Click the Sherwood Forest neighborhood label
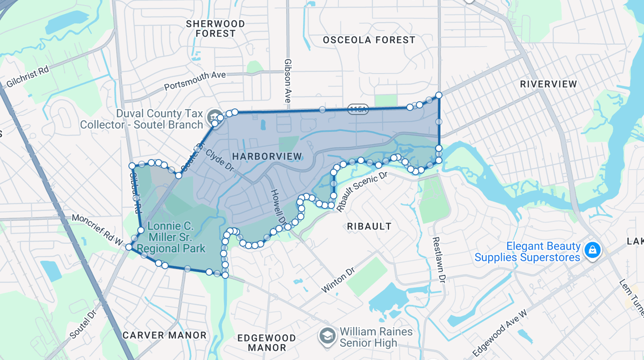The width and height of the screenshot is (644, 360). click(x=215, y=29)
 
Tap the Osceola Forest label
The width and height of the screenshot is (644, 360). click(x=369, y=40)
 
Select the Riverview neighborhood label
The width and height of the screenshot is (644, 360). click(x=548, y=84)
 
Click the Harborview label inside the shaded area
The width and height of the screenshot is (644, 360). click(x=267, y=157)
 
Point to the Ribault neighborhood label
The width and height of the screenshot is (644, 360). click(x=369, y=227)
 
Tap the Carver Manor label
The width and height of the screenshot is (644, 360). click(x=165, y=335)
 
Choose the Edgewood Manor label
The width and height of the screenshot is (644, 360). click(x=267, y=342)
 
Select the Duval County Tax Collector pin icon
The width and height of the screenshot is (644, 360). click(x=214, y=115)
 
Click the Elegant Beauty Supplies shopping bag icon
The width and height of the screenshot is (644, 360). click(x=593, y=250)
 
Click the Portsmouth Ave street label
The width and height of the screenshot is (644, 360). click(x=195, y=81)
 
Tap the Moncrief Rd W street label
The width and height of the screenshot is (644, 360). click(x=97, y=229)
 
